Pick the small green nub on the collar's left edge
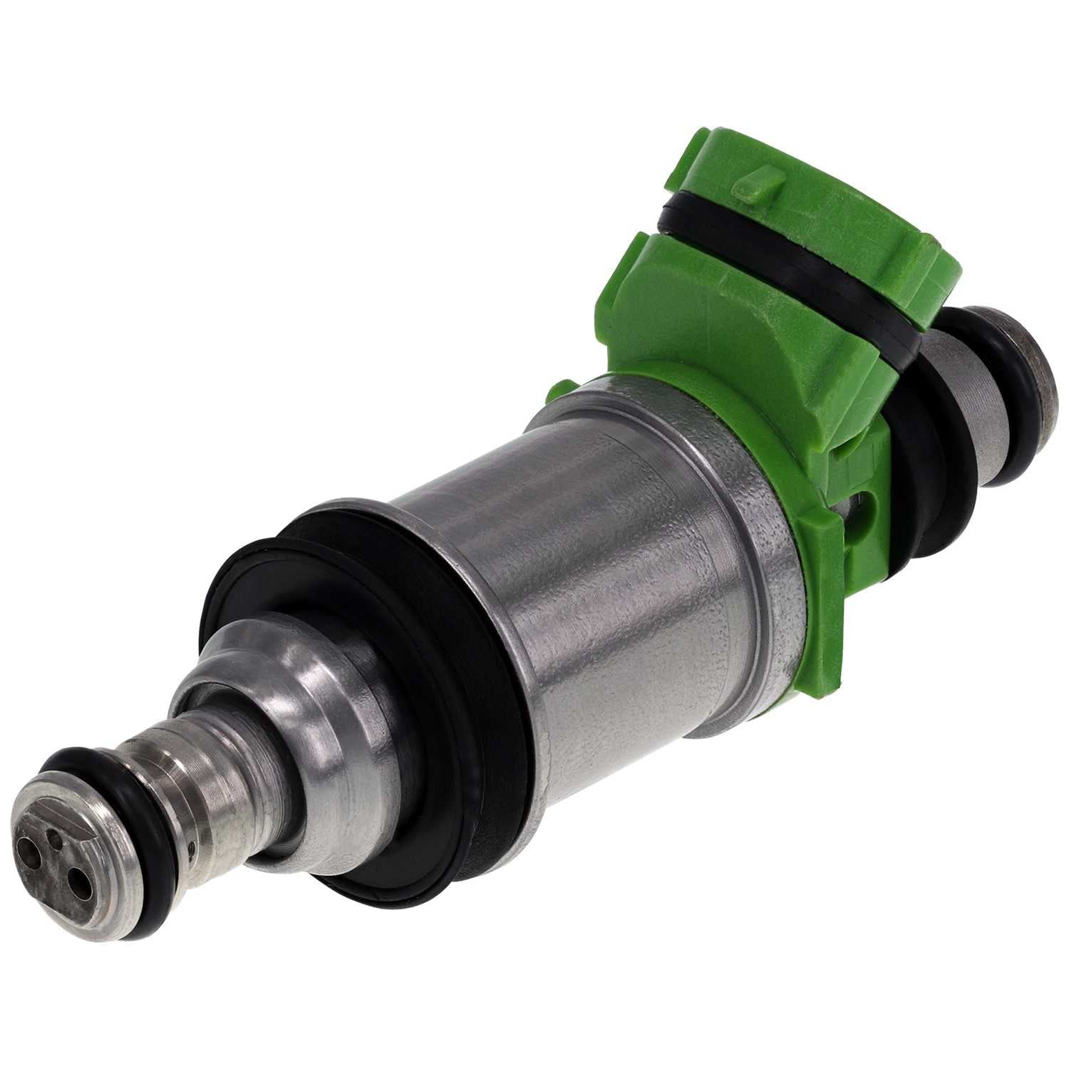(559, 390)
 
